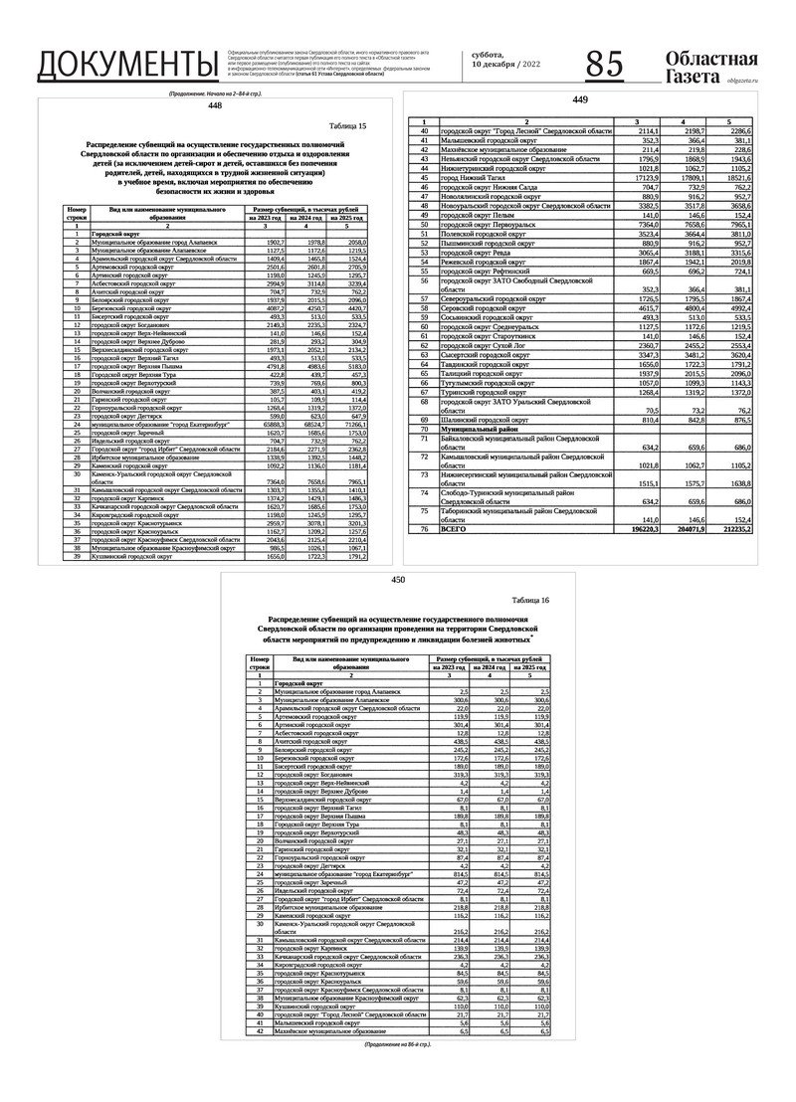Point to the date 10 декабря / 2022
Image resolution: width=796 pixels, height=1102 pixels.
click(x=506, y=64)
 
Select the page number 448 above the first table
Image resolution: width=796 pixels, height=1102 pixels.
click(x=216, y=104)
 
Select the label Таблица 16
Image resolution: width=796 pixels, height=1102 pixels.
click(x=528, y=602)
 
